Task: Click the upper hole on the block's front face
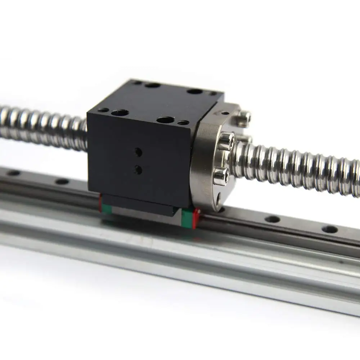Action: tap(138, 152)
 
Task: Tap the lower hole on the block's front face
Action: tap(138, 170)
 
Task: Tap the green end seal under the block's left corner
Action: tap(106, 208)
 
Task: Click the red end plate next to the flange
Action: tap(196, 218)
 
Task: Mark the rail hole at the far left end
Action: tap(14, 173)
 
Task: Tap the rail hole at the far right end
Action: tap(329, 229)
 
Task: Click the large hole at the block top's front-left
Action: tap(120, 113)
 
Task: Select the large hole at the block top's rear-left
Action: tap(152, 86)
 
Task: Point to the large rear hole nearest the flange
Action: tap(195, 91)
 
